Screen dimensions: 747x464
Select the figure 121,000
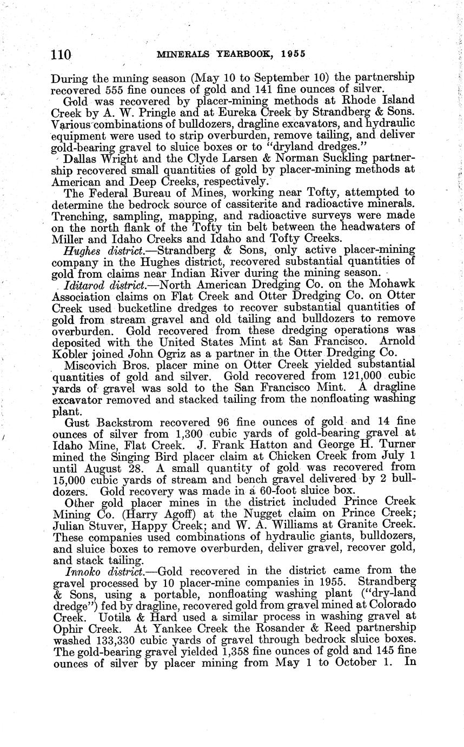[x=349, y=376]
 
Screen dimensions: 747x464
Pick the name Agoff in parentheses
[x=174, y=513]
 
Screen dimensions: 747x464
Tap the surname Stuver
[x=118, y=525]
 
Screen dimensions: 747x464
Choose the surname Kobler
[x=71, y=353]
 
